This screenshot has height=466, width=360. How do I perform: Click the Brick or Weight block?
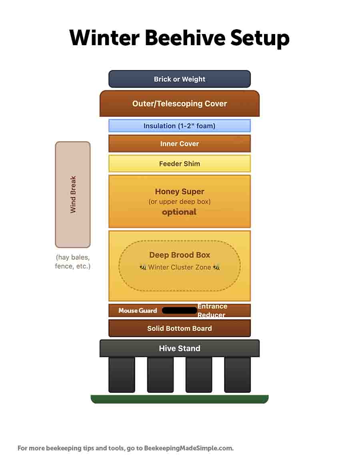(x=180, y=79)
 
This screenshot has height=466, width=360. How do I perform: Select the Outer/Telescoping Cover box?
(x=180, y=104)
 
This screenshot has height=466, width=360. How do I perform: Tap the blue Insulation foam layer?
(x=180, y=126)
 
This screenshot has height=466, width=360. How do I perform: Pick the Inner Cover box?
(x=180, y=144)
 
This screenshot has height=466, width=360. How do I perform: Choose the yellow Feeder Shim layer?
(x=180, y=164)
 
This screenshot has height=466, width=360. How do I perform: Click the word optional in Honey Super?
(x=179, y=212)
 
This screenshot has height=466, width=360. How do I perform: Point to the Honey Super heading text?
(x=180, y=192)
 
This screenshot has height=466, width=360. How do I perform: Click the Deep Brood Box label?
(x=180, y=255)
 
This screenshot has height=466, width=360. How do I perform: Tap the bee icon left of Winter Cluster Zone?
(x=143, y=267)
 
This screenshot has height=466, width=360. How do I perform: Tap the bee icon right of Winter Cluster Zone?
(x=216, y=267)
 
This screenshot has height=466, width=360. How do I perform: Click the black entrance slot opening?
(x=180, y=310)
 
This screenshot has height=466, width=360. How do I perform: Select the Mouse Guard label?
(x=138, y=310)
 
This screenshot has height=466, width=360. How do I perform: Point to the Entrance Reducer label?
(x=212, y=310)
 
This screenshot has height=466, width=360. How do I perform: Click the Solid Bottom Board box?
(x=180, y=328)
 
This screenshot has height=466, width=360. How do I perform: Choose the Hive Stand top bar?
(x=180, y=348)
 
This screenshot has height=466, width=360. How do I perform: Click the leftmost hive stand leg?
(x=122, y=375)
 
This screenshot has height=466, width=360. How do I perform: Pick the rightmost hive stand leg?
(x=237, y=375)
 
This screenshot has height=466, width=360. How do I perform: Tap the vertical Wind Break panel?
(x=73, y=194)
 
